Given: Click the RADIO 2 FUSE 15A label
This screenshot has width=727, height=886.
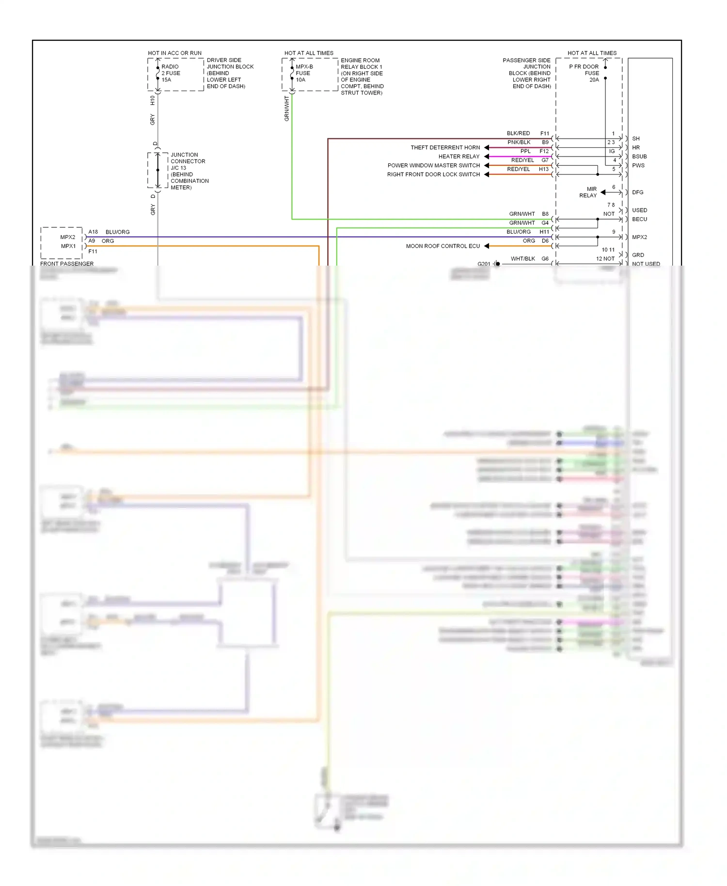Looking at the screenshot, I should [170, 73].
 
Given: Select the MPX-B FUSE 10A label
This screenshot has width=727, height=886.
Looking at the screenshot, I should [304, 73].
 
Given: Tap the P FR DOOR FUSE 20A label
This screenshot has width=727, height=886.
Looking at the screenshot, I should [584, 73].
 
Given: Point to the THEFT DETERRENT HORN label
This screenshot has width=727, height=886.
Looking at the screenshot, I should [445, 147].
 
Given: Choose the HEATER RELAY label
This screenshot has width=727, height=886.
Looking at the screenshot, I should [458, 157].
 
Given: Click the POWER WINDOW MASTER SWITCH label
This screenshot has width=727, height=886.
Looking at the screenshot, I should [433, 165].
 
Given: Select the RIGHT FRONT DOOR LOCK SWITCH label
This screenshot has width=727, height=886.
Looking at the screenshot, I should [433, 174].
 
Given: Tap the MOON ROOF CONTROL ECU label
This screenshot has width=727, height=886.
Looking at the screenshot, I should [443, 246].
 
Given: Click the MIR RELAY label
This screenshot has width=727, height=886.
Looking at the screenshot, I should [588, 192].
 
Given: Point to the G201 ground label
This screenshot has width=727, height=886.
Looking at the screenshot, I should [484, 264].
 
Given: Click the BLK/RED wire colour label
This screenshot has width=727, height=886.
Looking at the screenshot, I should [518, 133].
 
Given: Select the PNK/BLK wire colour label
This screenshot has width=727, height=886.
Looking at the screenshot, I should [519, 142].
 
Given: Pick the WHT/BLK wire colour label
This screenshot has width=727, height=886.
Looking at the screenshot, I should [522, 259].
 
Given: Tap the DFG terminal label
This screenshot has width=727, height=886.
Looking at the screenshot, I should [637, 192].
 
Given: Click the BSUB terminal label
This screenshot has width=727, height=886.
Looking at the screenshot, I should [639, 157].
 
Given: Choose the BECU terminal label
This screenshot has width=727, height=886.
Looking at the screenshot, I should [639, 219].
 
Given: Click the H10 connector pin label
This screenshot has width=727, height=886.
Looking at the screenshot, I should [152, 100].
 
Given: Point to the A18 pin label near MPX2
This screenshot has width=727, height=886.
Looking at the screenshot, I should [93, 232].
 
